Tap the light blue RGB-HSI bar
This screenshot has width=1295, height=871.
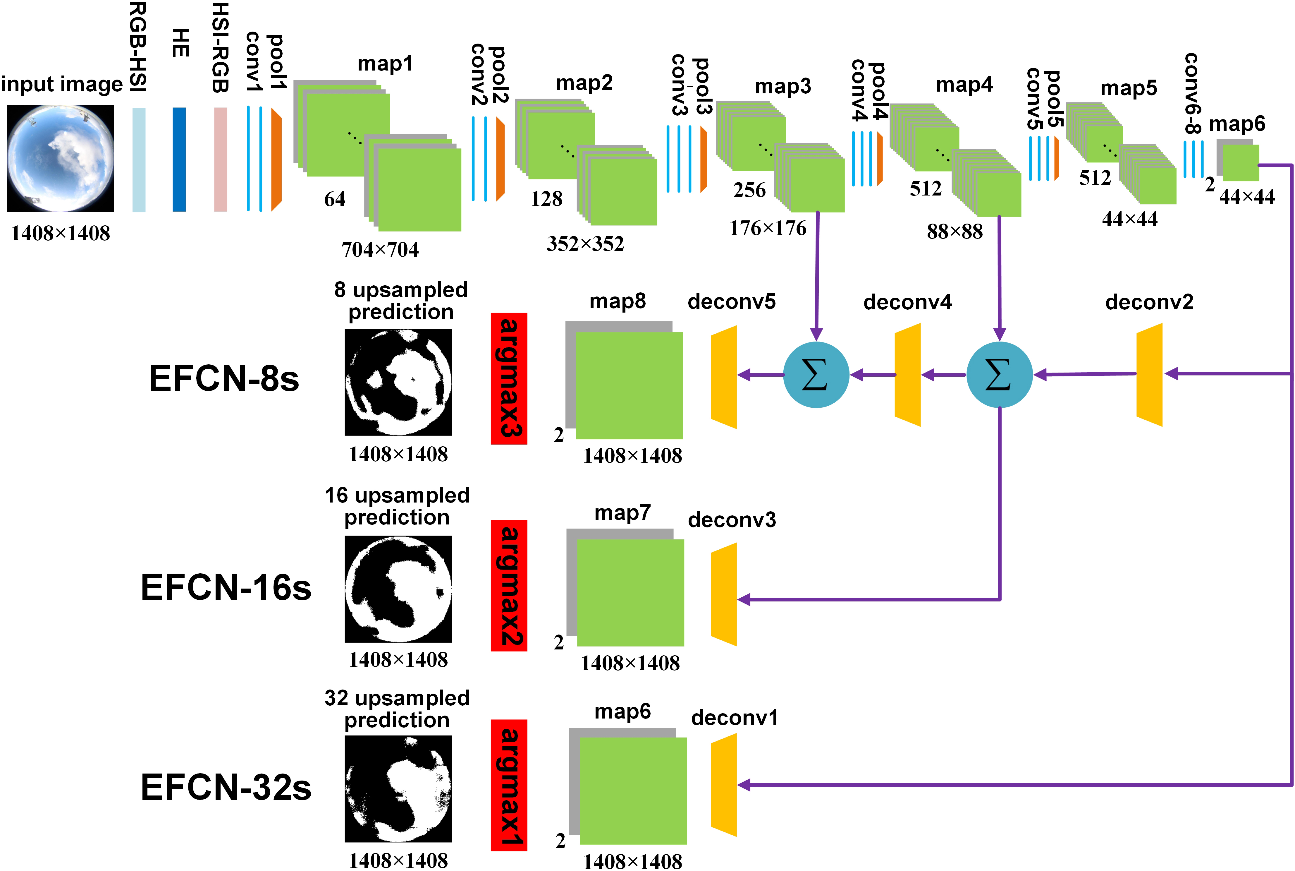(x=139, y=160)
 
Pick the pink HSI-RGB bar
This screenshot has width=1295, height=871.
(x=220, y=160)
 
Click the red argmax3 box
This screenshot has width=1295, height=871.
(x=508, y=378)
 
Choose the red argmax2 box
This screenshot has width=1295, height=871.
(x=508, y=585)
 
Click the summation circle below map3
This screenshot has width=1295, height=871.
(x=816, y=375)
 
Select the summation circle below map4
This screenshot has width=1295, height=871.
(x=999, y=375)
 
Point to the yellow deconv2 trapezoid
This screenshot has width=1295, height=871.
(x=1149, y=375)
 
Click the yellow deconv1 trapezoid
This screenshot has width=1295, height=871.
(x=724, y=785)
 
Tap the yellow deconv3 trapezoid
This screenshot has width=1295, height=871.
(x=724, y=594)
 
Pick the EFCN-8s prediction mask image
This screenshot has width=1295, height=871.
(x=398, y=382)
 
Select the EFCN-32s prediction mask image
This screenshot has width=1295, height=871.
(x=398, y=789)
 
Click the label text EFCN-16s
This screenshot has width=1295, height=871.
(x=226, y=588)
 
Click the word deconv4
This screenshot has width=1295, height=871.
(x=908, y=302)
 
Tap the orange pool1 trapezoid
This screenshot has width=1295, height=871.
(x=276, y=160)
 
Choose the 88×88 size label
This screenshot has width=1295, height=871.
(x=955, y=232)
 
